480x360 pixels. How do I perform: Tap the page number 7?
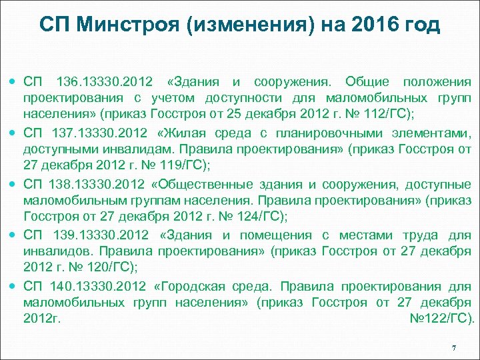pos(453,349)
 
